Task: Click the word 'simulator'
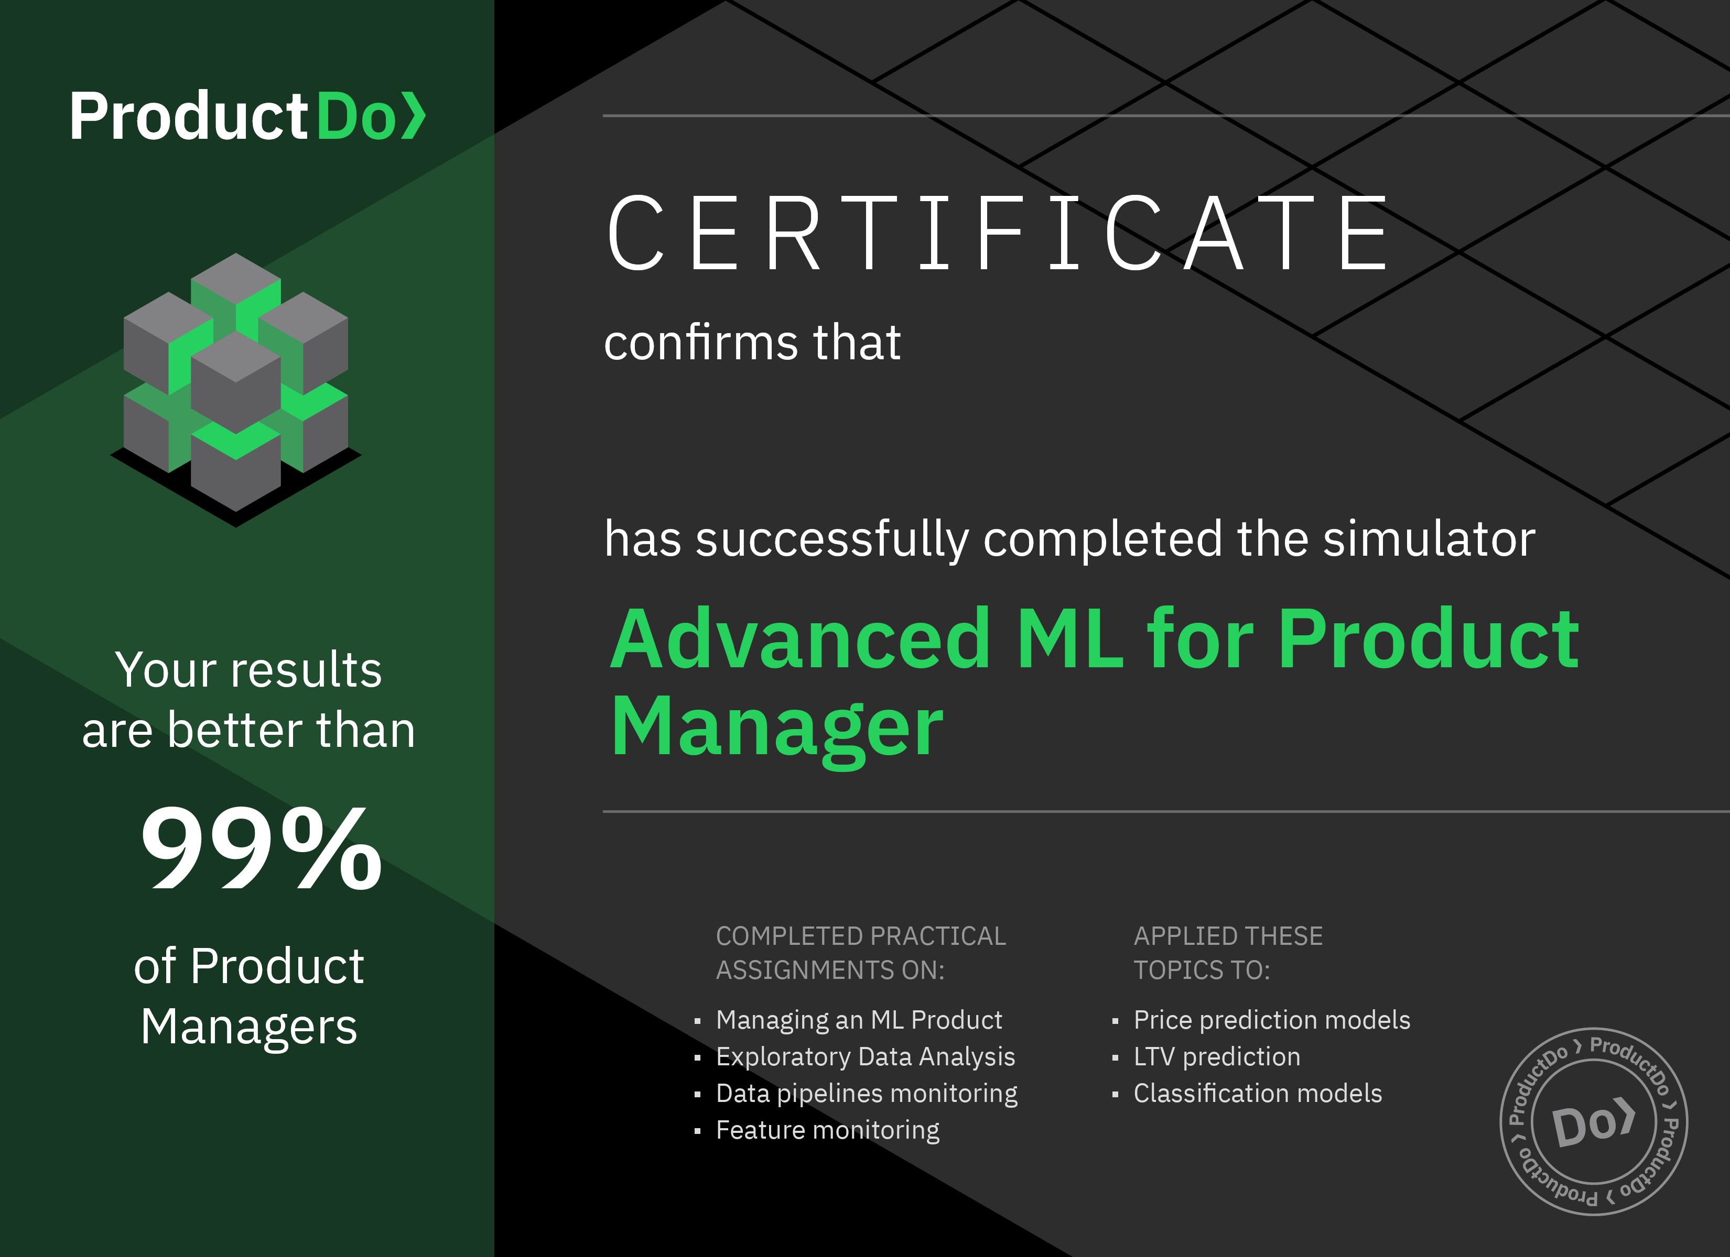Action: pyautogui.click(x=1429, y=539)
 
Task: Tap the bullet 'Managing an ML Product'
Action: pyautogui.click(x=859, y=1020)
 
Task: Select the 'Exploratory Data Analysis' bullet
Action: pyautogui.click(x=866, y=1056)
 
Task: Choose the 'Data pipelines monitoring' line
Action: pyautogui.click(x=867, y=1093)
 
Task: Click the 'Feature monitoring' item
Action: pyautogui.click(x=828, y=1130)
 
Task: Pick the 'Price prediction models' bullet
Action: pyautogui.click(x=1272, y=1020)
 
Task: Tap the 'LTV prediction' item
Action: pyautogui.click(x=1217, y=1056)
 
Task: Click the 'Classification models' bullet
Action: pyautogui.click(x=1258, y=1093)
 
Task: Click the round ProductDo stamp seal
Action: pyautogui.click(x=1594, y=1122)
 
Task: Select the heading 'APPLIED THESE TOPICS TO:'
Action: pyautogui.click(x=1228, y=953)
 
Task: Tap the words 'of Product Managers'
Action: pyautogui.click(x=248, y=996)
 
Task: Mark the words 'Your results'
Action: pyautogui.click(x=248, y=669)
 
